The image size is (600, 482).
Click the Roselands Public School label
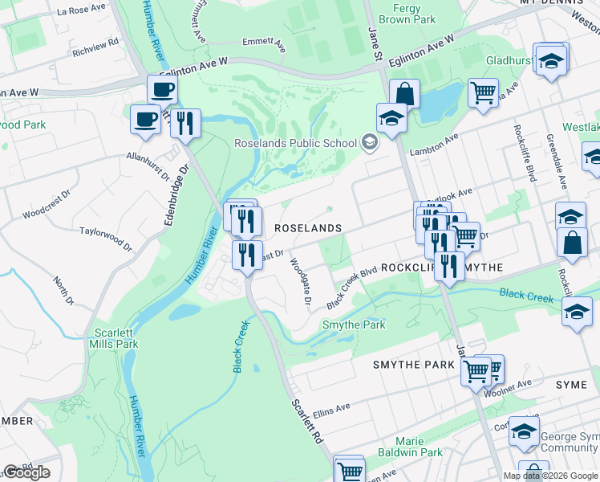coord(295,144)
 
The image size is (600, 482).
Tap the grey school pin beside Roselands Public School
coord(370,144)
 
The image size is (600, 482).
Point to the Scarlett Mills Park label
coord(116,338)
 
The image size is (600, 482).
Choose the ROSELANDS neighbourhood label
coord(308,228)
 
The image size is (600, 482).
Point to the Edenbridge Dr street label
coord(176,194)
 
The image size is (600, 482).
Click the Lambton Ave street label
coord(434,138)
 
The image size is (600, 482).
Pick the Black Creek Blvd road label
coord(352,288)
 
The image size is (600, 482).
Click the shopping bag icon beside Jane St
coord(405,94)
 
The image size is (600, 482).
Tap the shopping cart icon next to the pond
coord(483,93)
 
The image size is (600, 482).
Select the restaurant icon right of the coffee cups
coord(185,124)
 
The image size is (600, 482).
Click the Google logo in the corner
coord(26,472)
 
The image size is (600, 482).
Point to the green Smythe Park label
coord(354,325)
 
